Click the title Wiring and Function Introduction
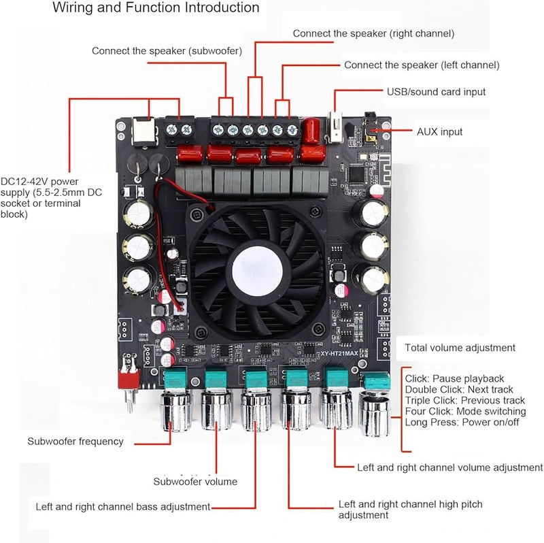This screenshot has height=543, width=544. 156,8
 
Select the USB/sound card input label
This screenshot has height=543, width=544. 436,92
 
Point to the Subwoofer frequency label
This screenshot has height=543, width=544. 75,442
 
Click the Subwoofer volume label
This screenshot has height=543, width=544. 195,482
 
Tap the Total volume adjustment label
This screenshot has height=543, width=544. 460,348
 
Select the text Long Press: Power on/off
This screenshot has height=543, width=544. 462,423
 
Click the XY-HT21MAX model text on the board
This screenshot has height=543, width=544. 344,354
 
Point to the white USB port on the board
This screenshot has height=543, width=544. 335,128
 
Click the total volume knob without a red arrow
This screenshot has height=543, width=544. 375,410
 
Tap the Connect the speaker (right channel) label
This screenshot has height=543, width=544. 373,33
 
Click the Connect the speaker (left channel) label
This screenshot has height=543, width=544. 422,65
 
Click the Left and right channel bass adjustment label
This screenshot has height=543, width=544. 123,507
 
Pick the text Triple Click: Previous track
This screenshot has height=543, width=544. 464,401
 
